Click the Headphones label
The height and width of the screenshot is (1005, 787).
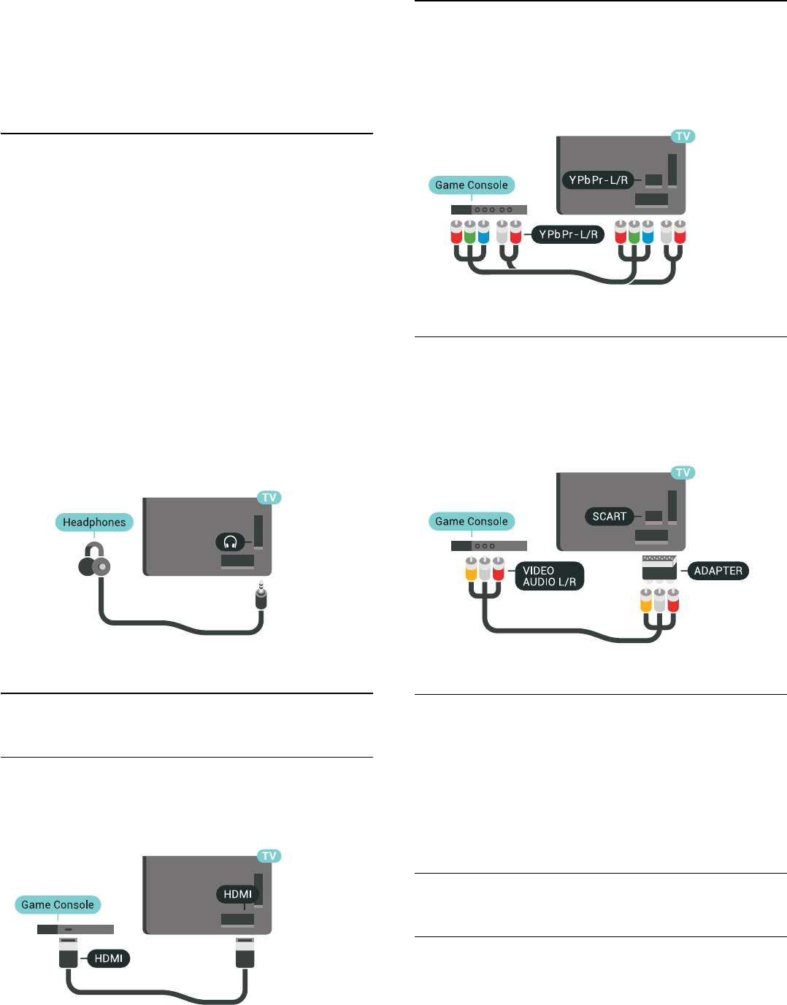[94, 522]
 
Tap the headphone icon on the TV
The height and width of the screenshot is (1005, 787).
[230, 542]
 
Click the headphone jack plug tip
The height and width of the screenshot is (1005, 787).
[261, 586]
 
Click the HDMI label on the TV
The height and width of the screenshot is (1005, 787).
[237, 894]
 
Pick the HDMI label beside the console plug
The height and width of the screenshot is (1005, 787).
[108, 958]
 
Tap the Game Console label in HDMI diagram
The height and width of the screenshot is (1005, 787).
[58, 904]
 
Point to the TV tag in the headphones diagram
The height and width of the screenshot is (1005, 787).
[269, 498]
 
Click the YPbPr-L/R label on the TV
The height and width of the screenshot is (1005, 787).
[598, 180]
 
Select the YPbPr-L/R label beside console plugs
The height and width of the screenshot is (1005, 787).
[568, 234]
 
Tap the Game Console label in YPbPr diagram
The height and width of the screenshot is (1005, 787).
[472, 185]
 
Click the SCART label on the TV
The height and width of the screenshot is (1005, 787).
[610, 516]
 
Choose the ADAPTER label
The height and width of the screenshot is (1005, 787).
[718, 571]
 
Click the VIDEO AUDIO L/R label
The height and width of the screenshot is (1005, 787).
[549, 576]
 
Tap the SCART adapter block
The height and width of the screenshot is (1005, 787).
[659, 567]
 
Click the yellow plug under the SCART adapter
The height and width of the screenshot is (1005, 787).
[645, 601]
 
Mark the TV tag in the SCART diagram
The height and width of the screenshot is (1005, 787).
[683, 472]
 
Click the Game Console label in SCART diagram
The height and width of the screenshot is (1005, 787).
[472, 521]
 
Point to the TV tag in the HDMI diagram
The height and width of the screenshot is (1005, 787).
[269, 855]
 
